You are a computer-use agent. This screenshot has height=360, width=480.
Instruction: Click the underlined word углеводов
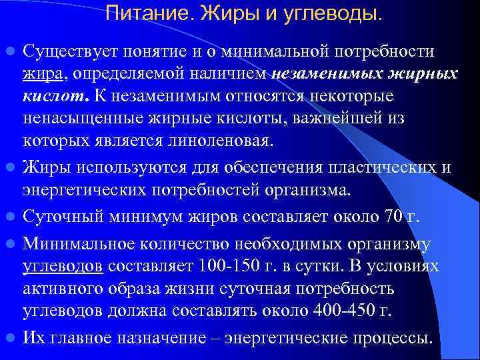pyautogui.click(x=63, y=266)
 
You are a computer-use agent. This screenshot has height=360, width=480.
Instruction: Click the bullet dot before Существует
pyautogui.click(x=11, y=52)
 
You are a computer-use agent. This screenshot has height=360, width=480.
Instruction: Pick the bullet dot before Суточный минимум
pyautogui.click(x=11, y=217)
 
